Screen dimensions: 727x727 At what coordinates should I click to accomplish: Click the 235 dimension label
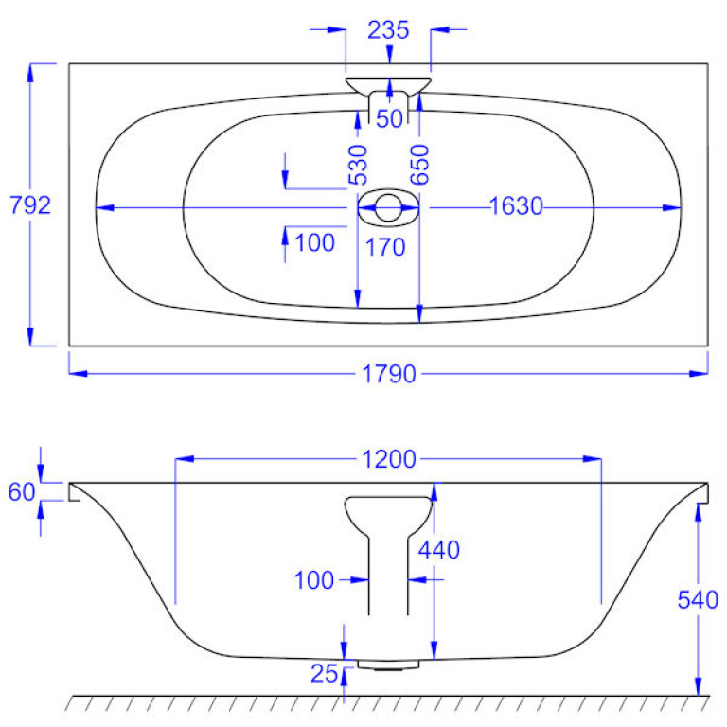pos(388,30)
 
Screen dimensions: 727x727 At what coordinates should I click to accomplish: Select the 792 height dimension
pos(30,204)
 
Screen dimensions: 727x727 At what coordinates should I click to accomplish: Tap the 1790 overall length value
pos(388,374)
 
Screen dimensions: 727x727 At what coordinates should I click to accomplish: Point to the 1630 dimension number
pos(516,205)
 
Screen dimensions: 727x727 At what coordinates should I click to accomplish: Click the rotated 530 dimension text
pos(359,165)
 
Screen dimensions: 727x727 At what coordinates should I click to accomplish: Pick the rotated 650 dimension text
pos(420,165)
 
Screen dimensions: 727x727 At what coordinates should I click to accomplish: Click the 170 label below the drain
pos(385,247)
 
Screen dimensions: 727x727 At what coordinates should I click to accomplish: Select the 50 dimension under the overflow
pos(389,118)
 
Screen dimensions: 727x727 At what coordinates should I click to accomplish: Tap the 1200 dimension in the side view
pos(388,459)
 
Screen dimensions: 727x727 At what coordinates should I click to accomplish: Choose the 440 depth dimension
pos(438,550)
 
